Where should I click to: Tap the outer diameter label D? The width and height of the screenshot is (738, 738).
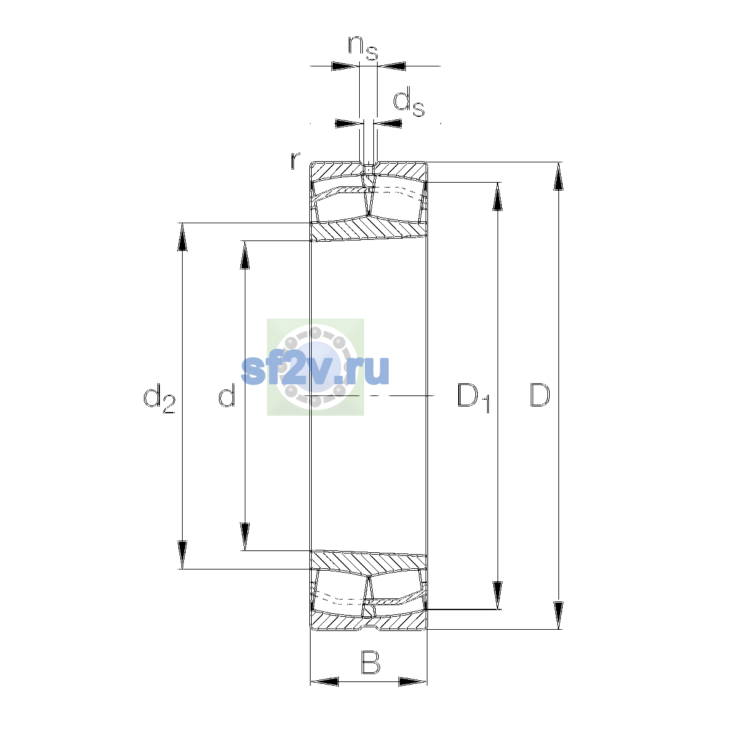(x=539, y=395)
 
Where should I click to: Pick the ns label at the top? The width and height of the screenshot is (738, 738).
(x=363, y=47)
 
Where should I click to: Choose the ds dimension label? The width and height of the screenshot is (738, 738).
(x=409, y=101)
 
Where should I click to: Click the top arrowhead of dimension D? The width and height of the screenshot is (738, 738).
(x=558, y=176)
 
